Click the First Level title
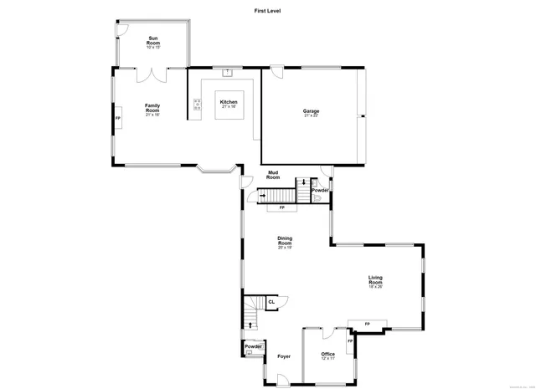pyautogui.click(x=268, y=11)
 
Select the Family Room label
pyautogui.click(x=152, y=108)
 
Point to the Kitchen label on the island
pyautogui.click(x=229, y=103)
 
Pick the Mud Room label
pyautogui.click(x=273, y=175)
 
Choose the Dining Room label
pyautogui.click(x=285, y=243)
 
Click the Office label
pyautogui.click(x=328, y=355)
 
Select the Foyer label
pyautogui.click(x=285, y=356)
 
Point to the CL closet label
pyautogui.click(x=271, y=301)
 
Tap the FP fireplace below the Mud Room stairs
pyautogui.click(x=281, y=207)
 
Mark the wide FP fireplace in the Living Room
pyautogui.click(x=367, y=324)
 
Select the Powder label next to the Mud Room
pyautogui.click(x=320, y=190)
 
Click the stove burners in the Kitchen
pyautogui.click(x=198, y=105)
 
